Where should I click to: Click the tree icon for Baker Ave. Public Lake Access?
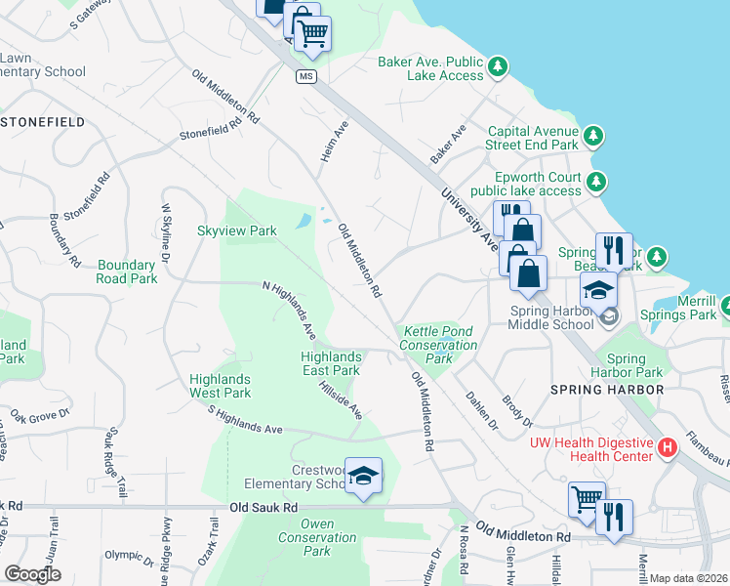(499, 66)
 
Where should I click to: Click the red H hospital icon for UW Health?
(668, 448)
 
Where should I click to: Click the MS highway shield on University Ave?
(306, 77)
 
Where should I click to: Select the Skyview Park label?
(237, 231)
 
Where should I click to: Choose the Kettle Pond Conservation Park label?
(439, 345)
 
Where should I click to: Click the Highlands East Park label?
(330, 363)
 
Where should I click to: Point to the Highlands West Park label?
(220, 386)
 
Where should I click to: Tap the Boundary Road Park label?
(127, 272)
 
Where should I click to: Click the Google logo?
(32, 574)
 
